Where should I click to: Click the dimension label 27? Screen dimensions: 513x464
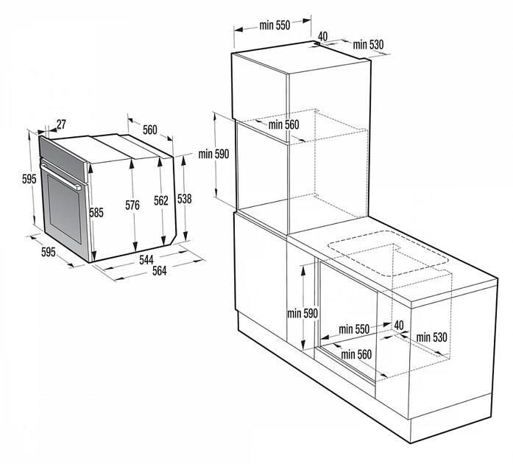pyautogui.click(x=61, y=124)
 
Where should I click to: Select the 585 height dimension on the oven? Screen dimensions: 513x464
pyautogui.click(x=96, y=213)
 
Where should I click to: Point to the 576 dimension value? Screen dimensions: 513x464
pyautogui.click(x=132, y=205)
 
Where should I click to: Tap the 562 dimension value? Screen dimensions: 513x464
pyautogui.click(x=161, y=200)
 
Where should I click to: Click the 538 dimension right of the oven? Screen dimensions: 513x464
pyautogui.click(x=184, y=199)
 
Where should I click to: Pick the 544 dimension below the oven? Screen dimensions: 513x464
pyautogui.click(x=146, y=260)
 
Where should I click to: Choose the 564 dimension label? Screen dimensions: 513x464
pyautogui.click(x=159, y=271)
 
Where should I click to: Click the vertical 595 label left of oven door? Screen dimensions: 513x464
pyautogui.click(x=29, y=179)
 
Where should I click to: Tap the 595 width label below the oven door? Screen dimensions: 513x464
pyautogui.click(x=49, y=252)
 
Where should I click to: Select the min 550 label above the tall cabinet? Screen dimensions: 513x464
pyautogui.click(x=275, y=25)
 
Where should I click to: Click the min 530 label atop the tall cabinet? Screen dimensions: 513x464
pyautogui.click(x=368, y=44)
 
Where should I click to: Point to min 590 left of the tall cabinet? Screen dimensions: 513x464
pyautogui.click(x=213, y=154)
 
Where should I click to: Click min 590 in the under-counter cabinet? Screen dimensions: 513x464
pyautogui.click(x=303, y=313)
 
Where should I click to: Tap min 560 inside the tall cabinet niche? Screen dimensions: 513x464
pyautogui.click(x=283, y=124)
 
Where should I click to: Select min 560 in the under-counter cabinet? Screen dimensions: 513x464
pyautogui.click(x=356, y=354)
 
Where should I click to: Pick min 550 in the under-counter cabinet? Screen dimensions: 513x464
pyautogui.click(x=354, y=329)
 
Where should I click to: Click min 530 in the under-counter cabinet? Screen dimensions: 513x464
pyautogui.click(x=431, y=337)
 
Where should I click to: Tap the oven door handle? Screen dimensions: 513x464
pyautogui.click(x=61, y=177)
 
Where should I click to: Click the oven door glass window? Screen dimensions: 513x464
pyautogui.click(x=64, y=208)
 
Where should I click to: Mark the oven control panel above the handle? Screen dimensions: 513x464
pyautogui.click(x=63, y=159)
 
